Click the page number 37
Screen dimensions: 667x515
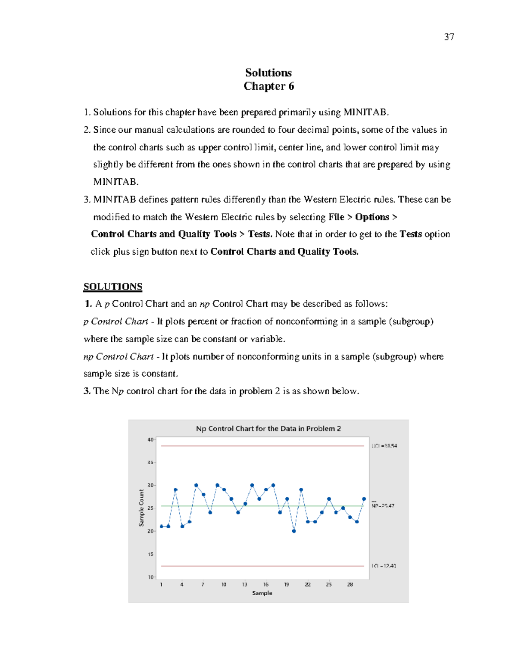449,37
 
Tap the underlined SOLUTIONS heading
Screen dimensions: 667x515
113,286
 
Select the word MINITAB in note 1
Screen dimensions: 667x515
366,113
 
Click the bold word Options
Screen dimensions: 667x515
372,217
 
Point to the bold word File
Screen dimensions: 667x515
336,217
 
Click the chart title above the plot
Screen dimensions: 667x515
268,429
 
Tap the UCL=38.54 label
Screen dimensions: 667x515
384,446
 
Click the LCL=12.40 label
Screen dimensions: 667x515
384,566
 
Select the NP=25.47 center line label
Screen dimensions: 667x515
383,506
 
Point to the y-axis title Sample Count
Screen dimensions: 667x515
141,508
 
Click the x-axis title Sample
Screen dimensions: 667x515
262,593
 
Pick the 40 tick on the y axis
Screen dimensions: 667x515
150,440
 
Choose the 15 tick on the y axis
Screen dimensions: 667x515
150,554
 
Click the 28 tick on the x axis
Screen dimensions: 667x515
350,585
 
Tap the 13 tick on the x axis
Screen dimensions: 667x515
245,585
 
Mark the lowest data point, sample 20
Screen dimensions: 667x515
294,531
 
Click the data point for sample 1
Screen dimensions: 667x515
161,527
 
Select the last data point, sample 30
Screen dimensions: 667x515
364,499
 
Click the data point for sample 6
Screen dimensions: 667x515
196,485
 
